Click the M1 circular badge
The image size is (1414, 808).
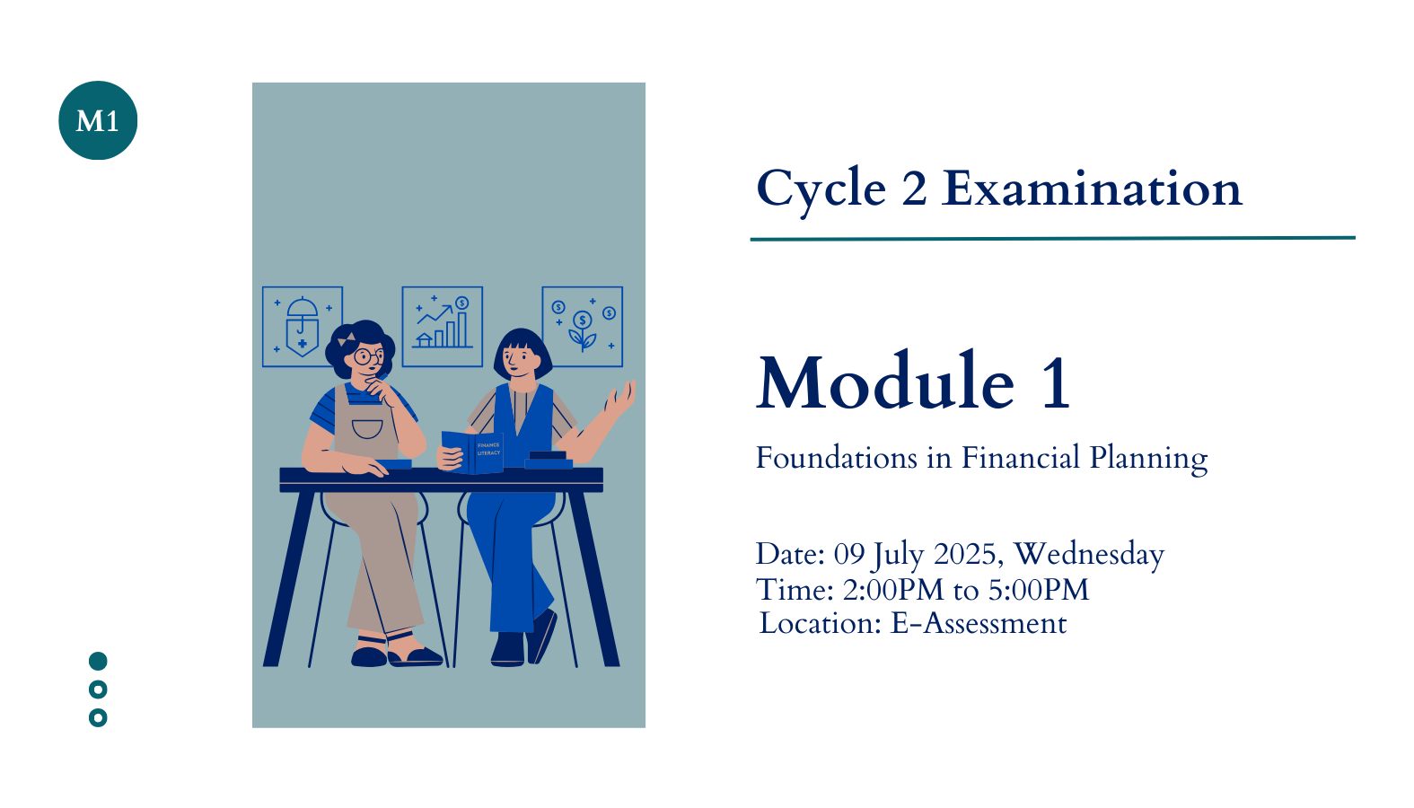(x=98, y=120)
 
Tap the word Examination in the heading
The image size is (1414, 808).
(x=1092, y=189)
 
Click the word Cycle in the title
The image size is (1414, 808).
(x=821, y=190)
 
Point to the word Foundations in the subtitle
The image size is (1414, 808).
(x=837, y=458)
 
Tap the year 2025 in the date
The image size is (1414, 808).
(x=965, y=554)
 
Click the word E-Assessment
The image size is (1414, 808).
(x=979, y=624)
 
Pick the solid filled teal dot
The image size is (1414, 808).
(x=98, y=662)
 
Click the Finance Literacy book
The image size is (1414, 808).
(x=472, y=452)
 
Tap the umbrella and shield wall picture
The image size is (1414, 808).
(x=303, y=327)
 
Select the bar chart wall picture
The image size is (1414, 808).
(x=443, y=327)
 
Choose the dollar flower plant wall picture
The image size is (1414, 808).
(x=583, y=327)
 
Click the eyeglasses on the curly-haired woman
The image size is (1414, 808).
(x=368, y=356)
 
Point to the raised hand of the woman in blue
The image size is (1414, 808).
(x=619, y=399)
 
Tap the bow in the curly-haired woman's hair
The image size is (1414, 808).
(x=347, y=339)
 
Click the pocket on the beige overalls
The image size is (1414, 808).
(x=367, y=429)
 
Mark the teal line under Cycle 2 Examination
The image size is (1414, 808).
(x=1053, y=239)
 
